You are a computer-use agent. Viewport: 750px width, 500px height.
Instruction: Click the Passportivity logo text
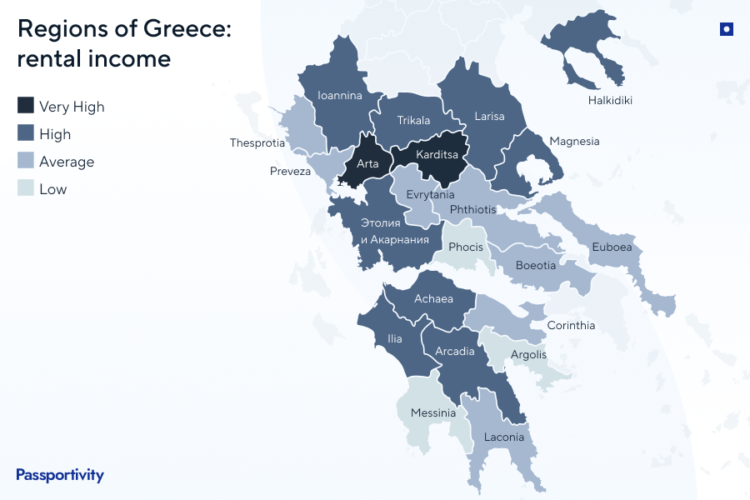(60, 475)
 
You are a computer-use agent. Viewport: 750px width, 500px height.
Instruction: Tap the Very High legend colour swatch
(26, 106)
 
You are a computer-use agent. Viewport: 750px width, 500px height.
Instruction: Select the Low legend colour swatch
(26, 188)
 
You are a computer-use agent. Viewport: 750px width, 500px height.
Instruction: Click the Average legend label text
(67, 162)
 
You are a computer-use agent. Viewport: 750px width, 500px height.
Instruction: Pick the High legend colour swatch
(26, 133)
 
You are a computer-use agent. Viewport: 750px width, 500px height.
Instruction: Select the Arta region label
(367, 163)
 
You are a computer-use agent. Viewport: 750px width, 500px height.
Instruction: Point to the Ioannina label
(340, 95)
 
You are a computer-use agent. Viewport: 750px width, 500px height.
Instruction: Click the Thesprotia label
(257, 143)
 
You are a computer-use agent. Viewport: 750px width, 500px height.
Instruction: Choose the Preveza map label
(290, 172)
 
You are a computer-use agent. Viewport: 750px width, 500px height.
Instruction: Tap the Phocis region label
(465, 247)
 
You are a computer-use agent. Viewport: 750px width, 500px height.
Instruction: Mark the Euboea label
(612, 247)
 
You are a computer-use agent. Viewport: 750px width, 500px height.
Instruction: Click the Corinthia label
(571, 325)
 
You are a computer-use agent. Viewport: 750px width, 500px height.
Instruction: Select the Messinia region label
(433, 412)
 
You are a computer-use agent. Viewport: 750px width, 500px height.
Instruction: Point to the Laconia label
(503, 437)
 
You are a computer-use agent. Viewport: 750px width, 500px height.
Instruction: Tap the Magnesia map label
(574, 141)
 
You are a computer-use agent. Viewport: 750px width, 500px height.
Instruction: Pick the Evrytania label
(430, 194)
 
